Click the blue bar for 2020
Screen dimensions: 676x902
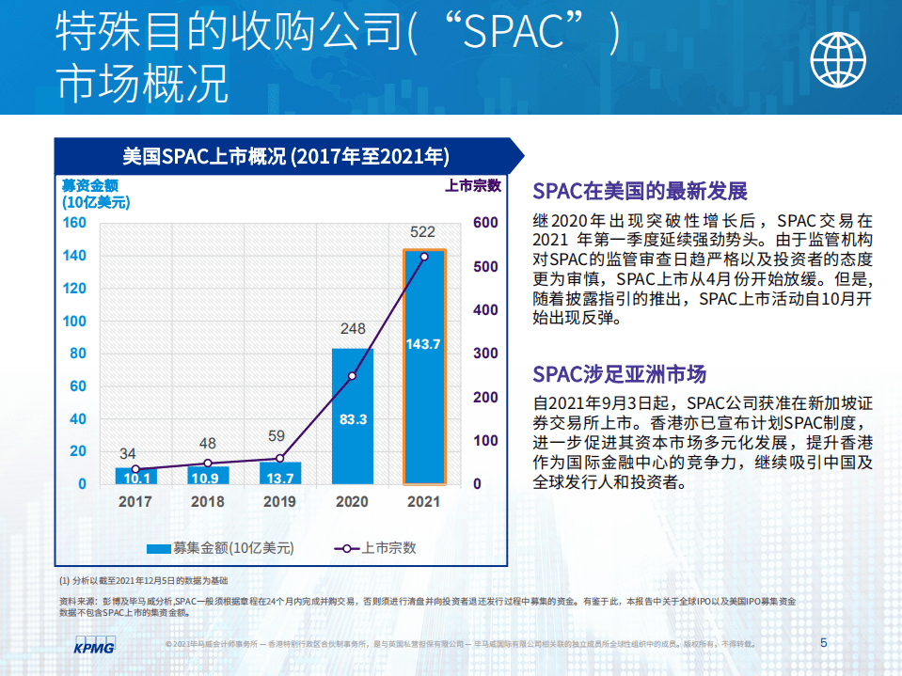[353, 442]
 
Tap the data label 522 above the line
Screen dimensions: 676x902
[422, 231]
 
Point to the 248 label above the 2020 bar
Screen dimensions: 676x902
[353, 329]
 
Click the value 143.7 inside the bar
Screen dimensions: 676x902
[423, 344]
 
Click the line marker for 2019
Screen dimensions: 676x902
[279, 459]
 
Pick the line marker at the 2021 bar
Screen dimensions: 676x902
[424, 256]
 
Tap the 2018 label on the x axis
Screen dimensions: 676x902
[208, 502]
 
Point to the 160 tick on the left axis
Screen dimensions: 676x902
[74, 223]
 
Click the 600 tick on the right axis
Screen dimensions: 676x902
[484, 223]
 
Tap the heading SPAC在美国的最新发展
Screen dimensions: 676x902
[640, 192]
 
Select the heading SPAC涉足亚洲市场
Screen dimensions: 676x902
[618, 374]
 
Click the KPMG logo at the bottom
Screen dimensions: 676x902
[93, 647]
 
